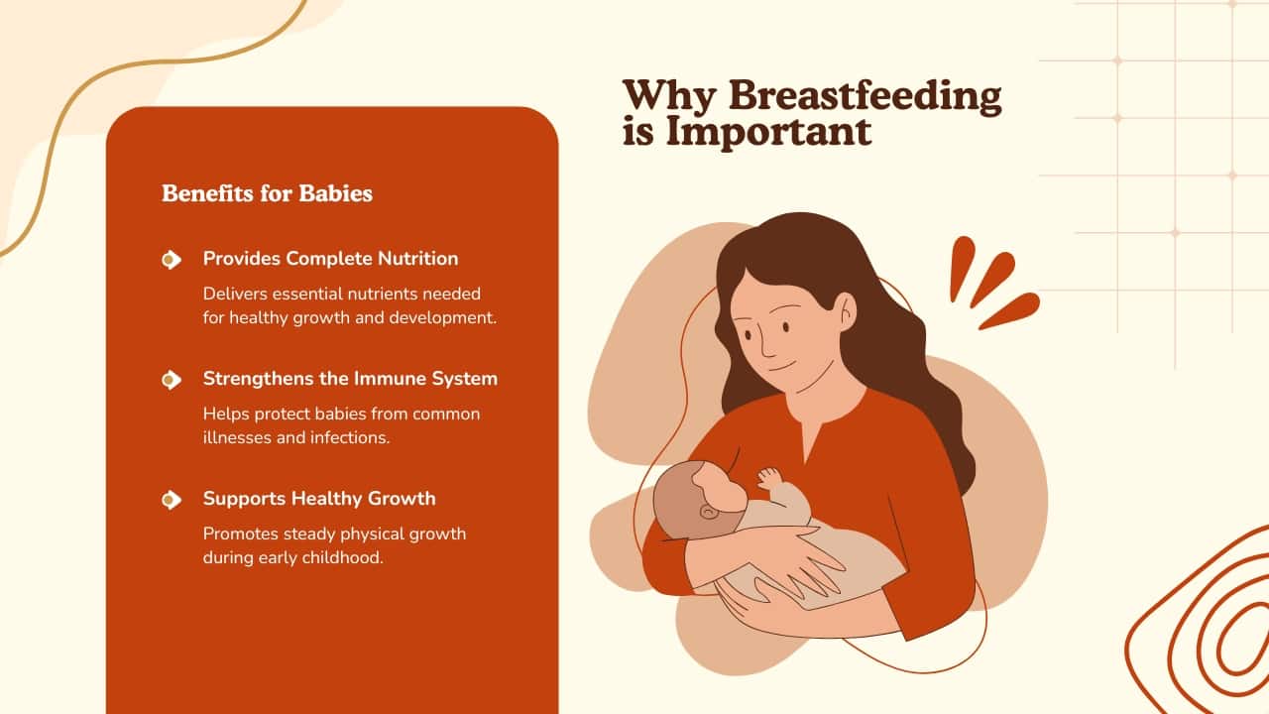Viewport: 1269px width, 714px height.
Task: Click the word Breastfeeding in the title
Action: [865, 97]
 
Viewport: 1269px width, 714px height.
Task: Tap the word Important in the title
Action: [768, 132]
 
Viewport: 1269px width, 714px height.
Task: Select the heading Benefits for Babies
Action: [267, 193]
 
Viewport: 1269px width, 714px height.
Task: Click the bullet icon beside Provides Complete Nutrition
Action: [172, 260]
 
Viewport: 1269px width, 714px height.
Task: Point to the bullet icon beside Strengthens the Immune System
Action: [172, 380]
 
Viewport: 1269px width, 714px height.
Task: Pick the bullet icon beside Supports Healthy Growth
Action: [172, 500]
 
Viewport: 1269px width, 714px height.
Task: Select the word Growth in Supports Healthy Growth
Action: [402, 499]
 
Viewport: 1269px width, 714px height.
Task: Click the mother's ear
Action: [847, 311]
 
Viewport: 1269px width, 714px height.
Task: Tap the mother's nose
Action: [767, 343]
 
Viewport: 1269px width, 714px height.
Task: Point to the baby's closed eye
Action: [708, 512]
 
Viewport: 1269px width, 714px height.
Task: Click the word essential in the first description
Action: [307, 295]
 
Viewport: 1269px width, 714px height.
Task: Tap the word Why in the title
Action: [669, 97]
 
